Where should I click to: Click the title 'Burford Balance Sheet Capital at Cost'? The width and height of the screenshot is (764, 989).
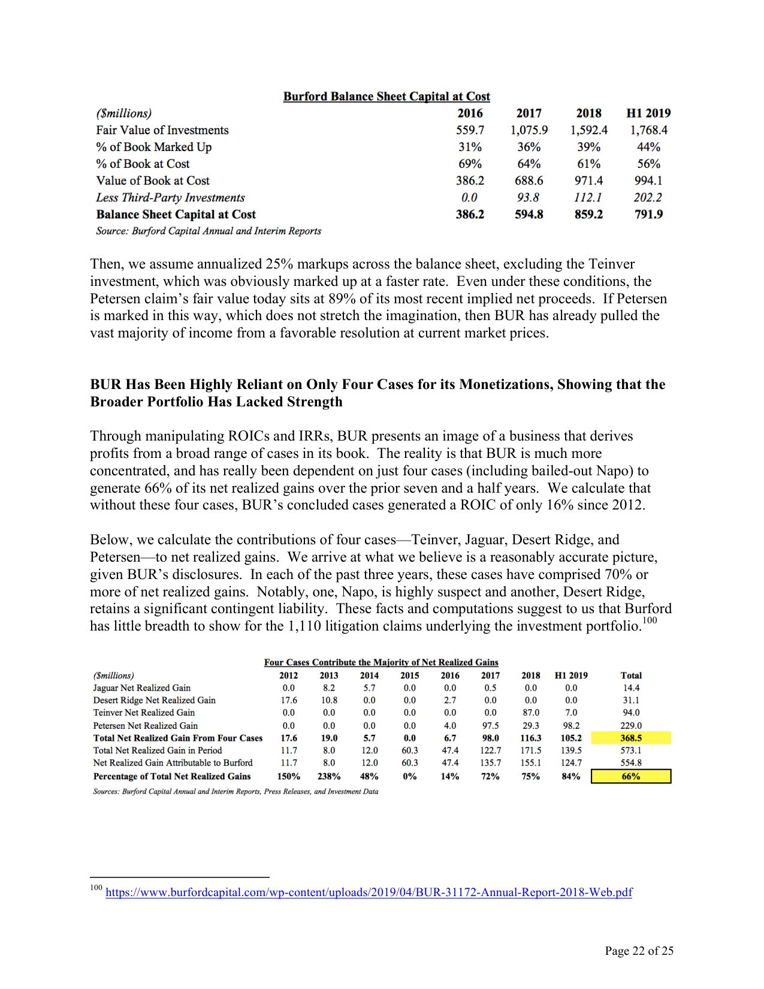pos(386,97)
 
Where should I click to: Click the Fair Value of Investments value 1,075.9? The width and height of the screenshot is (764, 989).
pos(529,130)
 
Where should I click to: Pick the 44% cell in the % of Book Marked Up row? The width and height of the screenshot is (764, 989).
pos(648,147)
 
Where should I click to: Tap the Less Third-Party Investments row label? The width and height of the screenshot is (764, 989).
pos(170,198)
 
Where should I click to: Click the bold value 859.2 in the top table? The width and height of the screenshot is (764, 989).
pos(588,215)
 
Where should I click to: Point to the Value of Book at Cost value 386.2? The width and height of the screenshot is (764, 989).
pos(470,180)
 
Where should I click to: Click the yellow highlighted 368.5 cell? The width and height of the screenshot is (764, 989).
pos(630,738)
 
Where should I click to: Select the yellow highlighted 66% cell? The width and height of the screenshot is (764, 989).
pos(630,776)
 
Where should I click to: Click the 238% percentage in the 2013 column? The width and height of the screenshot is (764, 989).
pos(329,776)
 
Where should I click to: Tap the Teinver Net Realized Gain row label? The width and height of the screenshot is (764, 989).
pos(144,713)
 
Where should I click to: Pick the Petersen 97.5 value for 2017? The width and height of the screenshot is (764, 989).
pos(490,725)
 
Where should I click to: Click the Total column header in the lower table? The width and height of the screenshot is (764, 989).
pos(631,676)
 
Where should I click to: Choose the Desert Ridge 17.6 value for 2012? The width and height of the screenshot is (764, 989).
pos(289,700)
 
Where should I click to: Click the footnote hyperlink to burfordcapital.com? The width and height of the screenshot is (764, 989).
pos(369,892)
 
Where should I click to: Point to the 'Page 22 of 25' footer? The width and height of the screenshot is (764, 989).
pos(639,951)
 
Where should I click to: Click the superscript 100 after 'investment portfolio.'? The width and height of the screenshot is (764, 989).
pos(650,620)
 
